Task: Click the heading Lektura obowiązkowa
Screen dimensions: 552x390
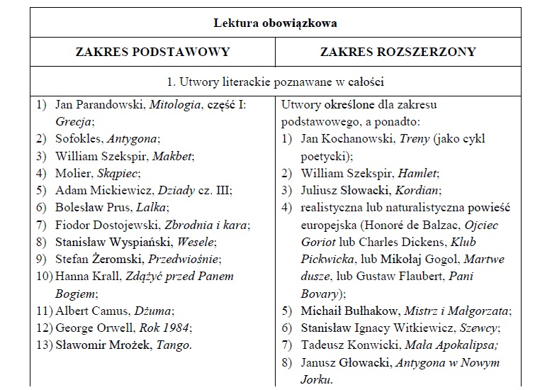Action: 276,23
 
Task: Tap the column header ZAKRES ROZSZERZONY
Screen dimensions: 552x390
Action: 398,52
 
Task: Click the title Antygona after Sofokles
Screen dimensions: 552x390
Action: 135,139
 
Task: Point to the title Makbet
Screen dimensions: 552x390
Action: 173,156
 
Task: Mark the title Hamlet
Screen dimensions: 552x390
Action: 418,173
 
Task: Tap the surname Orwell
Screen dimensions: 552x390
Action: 117,328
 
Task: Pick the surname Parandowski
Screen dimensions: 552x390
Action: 109,104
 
